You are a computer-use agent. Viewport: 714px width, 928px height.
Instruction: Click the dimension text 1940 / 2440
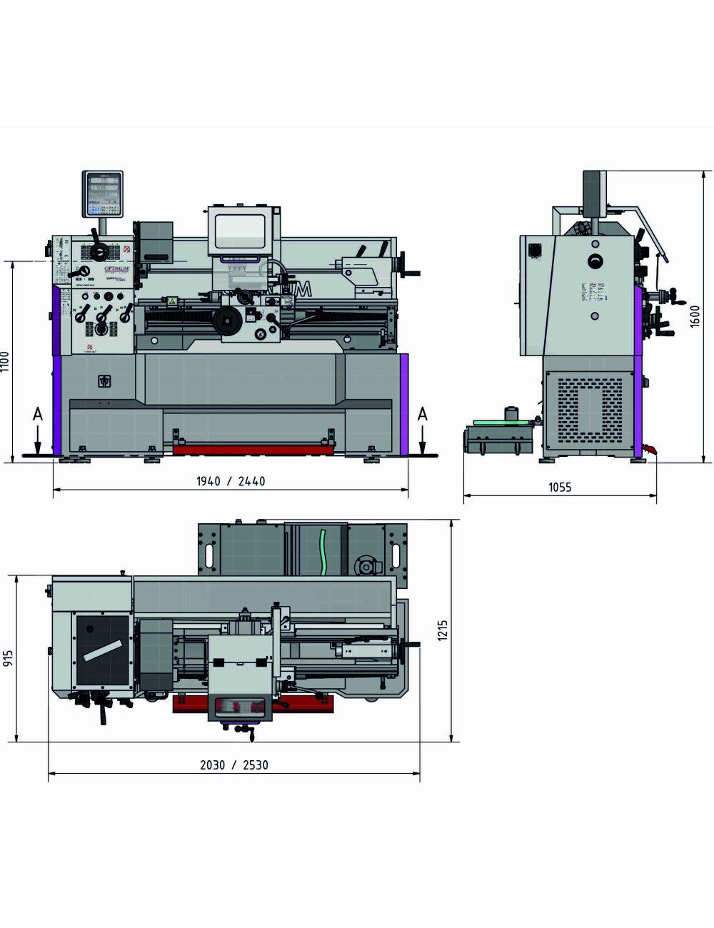pyautogui.click(x=231, y=482)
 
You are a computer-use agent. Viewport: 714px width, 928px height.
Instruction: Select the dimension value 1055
pyautogui.click(x=560, y=488)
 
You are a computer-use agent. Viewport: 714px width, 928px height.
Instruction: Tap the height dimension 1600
pyautogui.click(x=695, y=316)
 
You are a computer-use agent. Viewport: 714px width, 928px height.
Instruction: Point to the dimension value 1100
pyautogui.click(x=6, y=362)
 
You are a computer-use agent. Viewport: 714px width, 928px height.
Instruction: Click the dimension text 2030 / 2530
pyautogui.click(x=234, y=765)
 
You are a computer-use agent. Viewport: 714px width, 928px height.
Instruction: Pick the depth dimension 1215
pyautogui.click(x=443, y=630)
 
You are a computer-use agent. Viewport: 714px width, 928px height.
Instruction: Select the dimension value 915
pyautogui.click(x=9, y=658)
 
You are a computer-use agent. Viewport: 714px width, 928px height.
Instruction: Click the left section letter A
pyautogui.click(x=37, y=415)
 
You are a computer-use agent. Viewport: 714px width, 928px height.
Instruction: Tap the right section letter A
pyautogui.click(x=422, y=415)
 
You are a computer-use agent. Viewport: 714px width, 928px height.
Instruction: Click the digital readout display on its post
pyautogui.click(x=103, y=193)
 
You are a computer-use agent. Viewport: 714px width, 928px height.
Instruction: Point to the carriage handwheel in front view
pyautogui.click(x=228, y=322)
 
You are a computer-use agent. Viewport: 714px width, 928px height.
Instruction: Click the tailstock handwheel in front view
pyautogui.click(x=410, y=271)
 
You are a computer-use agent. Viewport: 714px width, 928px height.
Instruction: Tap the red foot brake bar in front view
pyautogui.click(x=253, y=449)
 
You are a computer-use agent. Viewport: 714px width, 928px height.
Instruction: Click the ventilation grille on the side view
pyautogui.click(x=589, y=408)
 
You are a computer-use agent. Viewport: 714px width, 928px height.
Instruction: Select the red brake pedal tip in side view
pyautogui.click(x=649, y=449)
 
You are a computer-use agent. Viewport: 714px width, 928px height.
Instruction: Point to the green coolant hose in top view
pyautogui.click(x=323, y=550)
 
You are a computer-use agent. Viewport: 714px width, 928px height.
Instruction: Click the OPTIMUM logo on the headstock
pyautogui.click(x=119, y=268)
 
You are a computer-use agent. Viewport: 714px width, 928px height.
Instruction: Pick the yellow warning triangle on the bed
pyautogui.click(x=171, y=302)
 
